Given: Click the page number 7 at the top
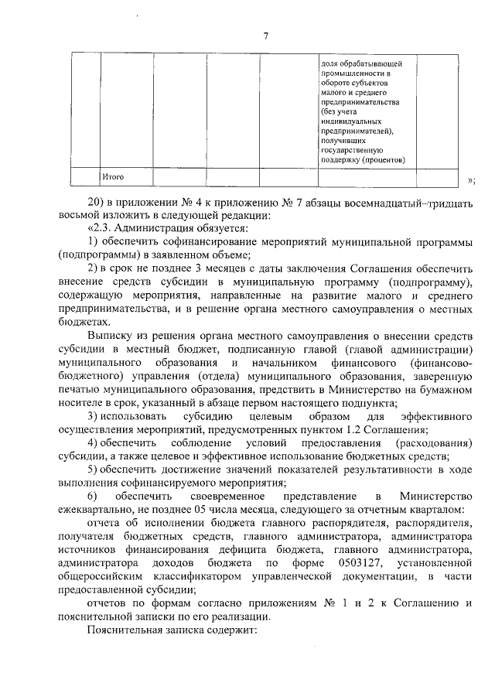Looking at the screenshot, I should pyautogui.click(x=265, y=36).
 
